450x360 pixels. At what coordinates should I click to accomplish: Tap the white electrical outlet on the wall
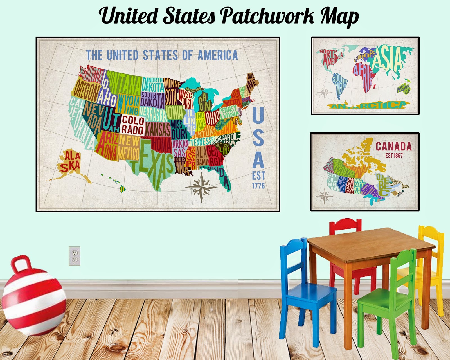75,256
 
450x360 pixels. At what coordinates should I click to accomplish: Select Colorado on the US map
133,125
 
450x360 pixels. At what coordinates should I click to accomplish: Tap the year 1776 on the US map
258,186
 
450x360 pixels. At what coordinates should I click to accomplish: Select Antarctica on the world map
368,106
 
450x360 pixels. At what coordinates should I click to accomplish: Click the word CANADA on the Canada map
393,147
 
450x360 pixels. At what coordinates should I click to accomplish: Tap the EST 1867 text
394,155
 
